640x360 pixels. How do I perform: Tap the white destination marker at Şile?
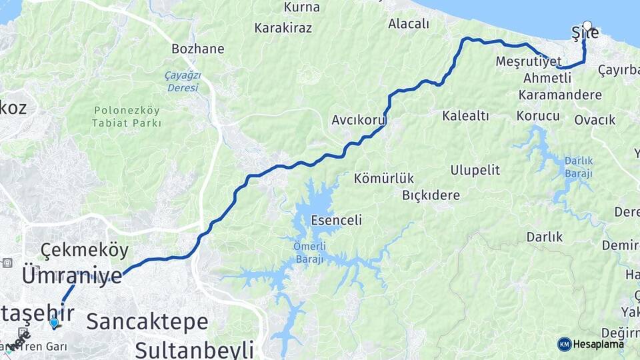587,25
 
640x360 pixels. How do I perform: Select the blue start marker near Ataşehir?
54,323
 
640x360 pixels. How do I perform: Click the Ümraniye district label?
72,275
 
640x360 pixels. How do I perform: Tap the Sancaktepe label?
147,321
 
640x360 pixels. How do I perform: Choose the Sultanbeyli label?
195,349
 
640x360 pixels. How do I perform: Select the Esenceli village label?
336,220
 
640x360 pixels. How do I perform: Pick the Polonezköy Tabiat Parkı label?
127,116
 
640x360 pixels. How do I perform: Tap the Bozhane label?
197,49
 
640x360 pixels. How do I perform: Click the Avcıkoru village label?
359,121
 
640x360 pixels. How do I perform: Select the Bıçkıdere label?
431,195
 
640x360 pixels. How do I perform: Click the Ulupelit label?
475,170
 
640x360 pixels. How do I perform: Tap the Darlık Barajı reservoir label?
578,167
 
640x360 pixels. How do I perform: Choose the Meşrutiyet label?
529,61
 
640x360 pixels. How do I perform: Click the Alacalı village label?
409,24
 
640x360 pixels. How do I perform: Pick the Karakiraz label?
284,28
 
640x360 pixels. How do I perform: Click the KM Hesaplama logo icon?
565,344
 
